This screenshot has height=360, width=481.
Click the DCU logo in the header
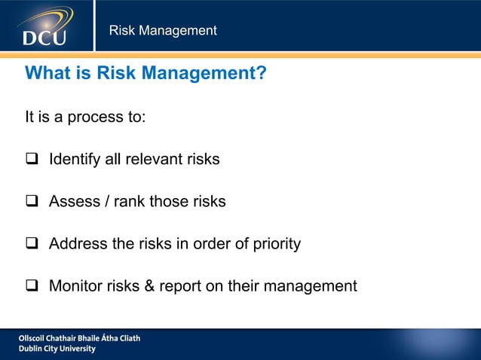[x=45, y=26]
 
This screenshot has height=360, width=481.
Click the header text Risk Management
[x=163, y=31]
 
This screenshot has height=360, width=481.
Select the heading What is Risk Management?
[x=146, y=74]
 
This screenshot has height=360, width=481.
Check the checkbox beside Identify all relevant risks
[x=32, y=160]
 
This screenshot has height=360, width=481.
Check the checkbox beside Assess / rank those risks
[x=32, y=202]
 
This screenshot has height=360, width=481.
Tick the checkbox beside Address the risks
[x=32, y=244]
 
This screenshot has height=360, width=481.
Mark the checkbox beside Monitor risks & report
[x=32, y=286]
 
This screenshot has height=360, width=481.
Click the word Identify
[x=74, y=160]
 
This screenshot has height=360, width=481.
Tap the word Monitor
[x=76, y=286]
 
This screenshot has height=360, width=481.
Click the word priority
[x=276, y=244]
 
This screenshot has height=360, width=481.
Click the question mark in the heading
[x=260, y=74]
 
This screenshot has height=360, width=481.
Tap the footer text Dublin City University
[x=57, y=349]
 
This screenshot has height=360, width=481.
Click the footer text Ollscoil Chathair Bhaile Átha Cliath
[x=79, y=338]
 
